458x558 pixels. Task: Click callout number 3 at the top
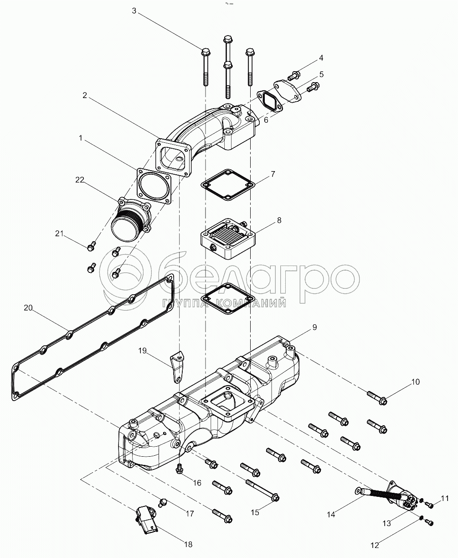134,11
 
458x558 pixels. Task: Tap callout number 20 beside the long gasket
28,308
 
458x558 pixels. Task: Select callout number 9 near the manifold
314,328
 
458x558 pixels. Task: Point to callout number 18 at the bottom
188,544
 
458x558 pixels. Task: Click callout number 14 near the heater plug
331,514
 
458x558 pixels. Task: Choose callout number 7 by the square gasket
273,174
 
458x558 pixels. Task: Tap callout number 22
80,180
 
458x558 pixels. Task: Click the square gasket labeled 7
227,184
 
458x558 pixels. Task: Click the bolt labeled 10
376,397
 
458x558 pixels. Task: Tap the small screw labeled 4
294,75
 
